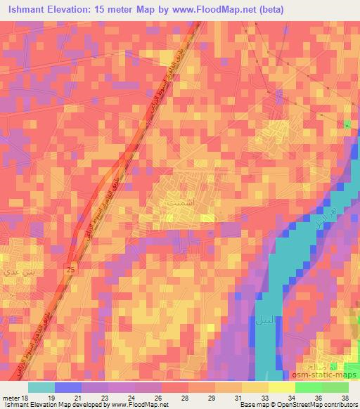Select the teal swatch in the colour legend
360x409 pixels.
(41, 387)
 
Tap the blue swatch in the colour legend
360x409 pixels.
(68, 387)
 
